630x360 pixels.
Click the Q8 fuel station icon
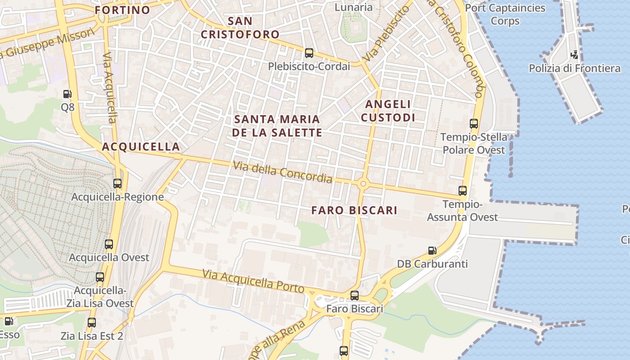67,94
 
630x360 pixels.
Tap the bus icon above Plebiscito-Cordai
309,53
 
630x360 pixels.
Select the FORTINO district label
122,10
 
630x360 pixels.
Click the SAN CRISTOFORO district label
240,27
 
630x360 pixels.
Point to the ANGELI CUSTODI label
389,111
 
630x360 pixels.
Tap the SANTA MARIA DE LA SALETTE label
277,126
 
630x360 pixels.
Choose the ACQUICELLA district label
141,147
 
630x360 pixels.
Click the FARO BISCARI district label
355,210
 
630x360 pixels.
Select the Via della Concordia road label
283,172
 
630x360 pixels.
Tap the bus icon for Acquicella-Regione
117,183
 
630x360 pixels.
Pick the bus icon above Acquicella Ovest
109,244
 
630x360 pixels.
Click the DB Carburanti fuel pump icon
432,250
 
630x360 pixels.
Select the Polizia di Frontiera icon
574,55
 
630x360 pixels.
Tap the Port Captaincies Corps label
505,14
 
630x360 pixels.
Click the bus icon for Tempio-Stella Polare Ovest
474,124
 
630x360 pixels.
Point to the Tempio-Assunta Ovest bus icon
463,191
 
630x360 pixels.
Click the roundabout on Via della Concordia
363,183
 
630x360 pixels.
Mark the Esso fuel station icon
8,321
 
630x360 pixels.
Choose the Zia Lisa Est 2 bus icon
92,323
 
